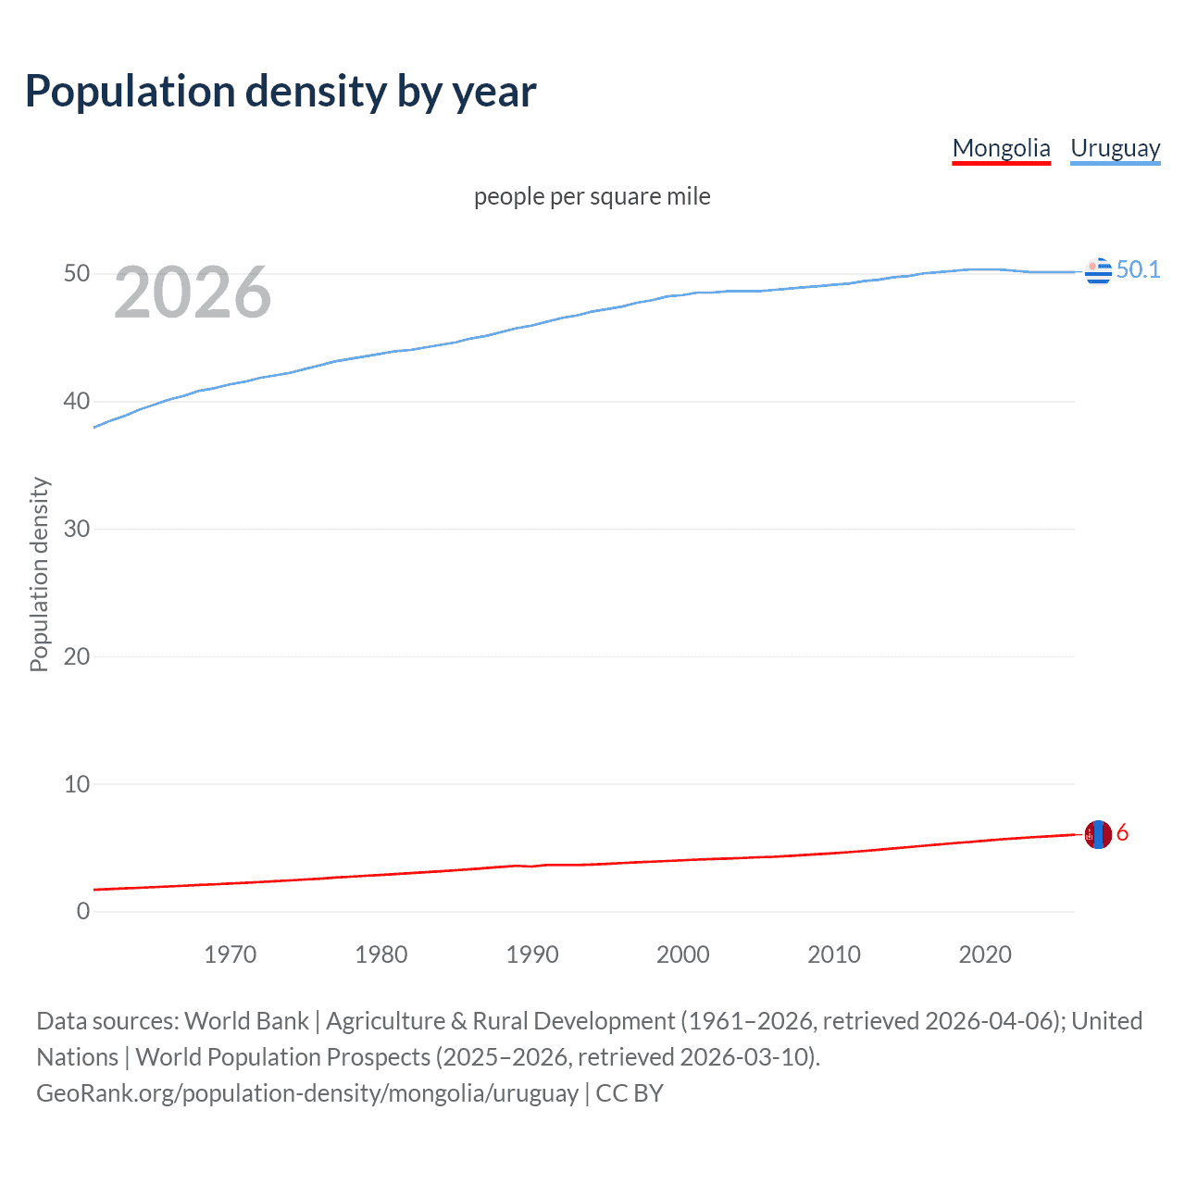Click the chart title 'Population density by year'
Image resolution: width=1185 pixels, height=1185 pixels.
coord(281,92)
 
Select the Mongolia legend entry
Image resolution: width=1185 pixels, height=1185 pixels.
coord(1001,148)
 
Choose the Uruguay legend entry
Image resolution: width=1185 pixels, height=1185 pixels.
coord(1115,148)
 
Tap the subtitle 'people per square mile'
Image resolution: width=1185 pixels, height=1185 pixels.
coord(592,196)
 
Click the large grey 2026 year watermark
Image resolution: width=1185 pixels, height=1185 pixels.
coord(193,293)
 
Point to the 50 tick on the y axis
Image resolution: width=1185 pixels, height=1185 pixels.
coord(77,274)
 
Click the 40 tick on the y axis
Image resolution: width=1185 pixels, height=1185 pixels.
coord(77,402)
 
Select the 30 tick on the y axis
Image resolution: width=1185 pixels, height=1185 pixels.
coord(77,529)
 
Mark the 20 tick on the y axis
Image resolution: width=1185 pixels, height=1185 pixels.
coord(77,656)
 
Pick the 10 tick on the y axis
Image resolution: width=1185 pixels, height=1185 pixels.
coord(77,784)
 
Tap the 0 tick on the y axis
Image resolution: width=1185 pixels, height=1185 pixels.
coord(83,911)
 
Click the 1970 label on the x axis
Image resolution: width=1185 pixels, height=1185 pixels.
coord(230,954)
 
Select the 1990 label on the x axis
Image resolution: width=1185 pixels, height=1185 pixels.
coord(531,954)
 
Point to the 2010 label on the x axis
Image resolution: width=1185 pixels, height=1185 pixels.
coord(833,954)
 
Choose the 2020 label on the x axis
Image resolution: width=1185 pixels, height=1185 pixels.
coord(984,954)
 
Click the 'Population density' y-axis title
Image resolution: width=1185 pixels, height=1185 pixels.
coord(39,574)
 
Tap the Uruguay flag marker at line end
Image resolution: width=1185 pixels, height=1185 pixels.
coord(1098,271)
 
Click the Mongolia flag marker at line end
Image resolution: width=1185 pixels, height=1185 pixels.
coord(1098,834)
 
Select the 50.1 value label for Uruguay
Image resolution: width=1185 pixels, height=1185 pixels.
coord(1138,269)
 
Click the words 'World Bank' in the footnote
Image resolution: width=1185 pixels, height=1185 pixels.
coord(246,1021)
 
